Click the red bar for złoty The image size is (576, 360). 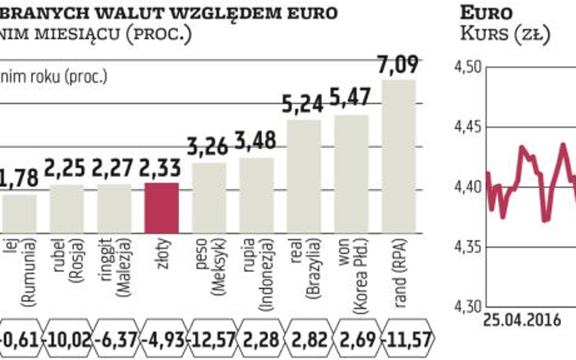[x=162, y=208]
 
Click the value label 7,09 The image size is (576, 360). [x=399, y=64]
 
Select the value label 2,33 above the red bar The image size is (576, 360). [x=162, y=167]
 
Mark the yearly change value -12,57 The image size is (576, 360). [x=209, y=339]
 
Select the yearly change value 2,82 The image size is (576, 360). [x=304, y=339]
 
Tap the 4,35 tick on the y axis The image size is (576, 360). [x=468, y=247]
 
